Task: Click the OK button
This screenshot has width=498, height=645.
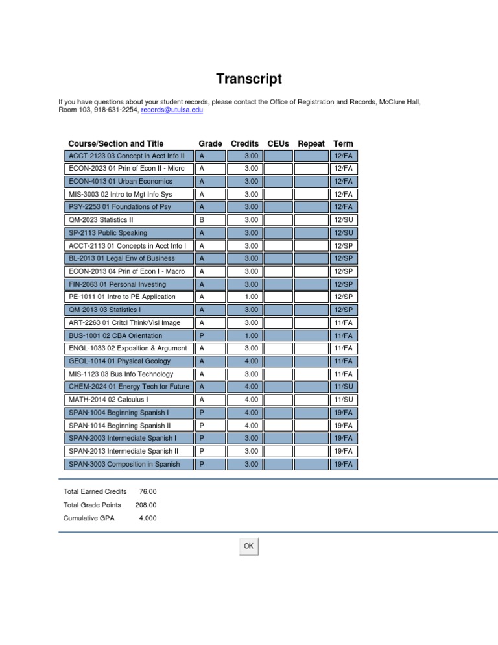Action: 248,546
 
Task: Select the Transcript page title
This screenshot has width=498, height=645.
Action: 249,80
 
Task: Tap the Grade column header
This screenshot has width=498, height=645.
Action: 210,143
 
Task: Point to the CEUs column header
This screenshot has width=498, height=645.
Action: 278,143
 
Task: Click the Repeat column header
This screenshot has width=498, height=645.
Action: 311,143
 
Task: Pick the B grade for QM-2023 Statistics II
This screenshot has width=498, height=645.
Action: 202,220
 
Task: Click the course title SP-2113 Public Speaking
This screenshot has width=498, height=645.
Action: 108,233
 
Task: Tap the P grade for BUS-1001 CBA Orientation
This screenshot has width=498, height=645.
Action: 202,335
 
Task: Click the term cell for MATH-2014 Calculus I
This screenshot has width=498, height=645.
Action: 343,400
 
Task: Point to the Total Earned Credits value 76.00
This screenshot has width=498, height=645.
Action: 147,492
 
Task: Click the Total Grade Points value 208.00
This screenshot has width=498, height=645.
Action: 145,505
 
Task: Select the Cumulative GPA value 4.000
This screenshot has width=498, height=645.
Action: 147,518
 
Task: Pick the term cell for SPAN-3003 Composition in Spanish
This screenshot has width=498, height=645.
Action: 343,464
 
